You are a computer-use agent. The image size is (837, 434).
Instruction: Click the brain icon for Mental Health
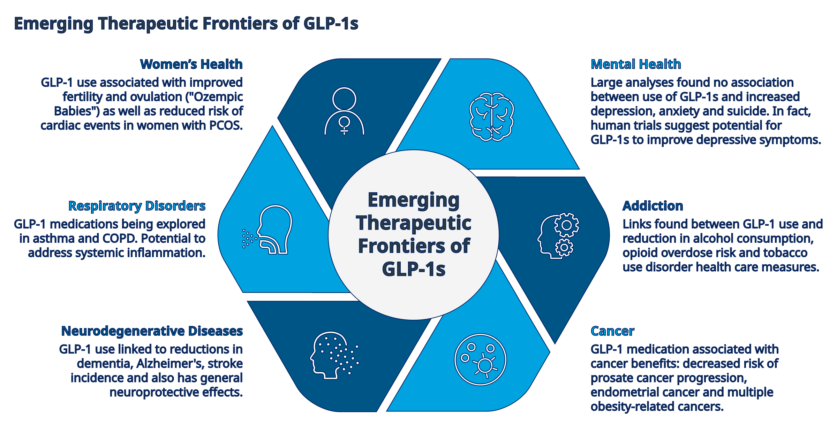[492, 117]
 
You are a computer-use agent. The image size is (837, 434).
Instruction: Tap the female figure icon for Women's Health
[344, 111]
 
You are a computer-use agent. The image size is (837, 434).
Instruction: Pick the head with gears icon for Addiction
[558, 235]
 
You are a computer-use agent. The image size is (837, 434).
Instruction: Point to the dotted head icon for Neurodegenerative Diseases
[334, 355]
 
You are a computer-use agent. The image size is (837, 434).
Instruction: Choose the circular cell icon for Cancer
[480, 360]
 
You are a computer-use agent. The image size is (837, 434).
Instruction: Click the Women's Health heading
[191, 64]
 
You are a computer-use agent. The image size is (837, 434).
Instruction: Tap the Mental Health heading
[636, 64]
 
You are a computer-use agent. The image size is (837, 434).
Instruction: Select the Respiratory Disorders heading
[137, 206]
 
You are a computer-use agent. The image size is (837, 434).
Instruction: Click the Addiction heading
[653, 206]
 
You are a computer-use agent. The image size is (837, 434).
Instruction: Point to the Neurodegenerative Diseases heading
[152, 331]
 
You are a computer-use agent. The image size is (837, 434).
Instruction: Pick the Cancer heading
[612, 331]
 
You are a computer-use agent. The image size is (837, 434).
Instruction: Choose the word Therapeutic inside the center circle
[414, 223]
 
